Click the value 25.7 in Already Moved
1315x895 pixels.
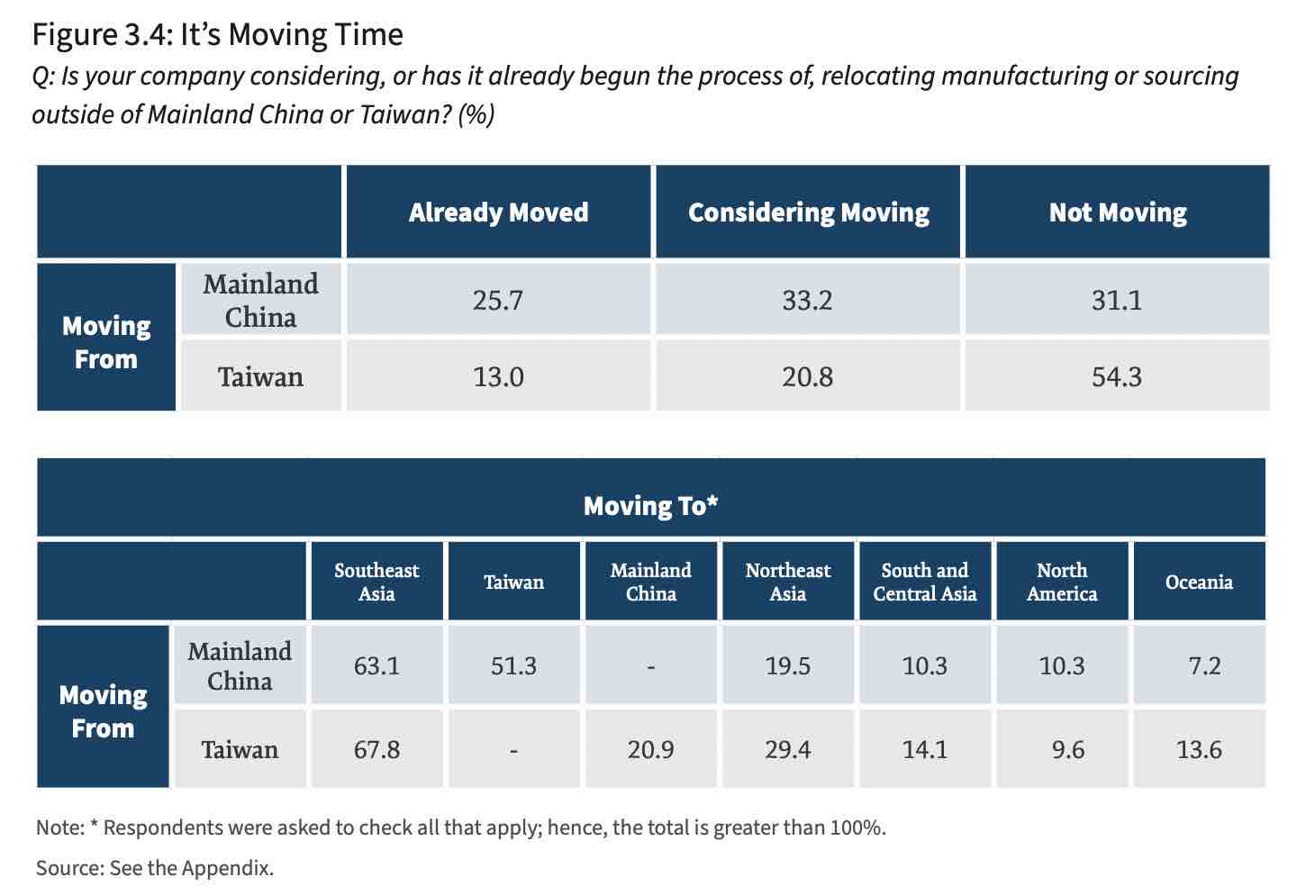[498, 301]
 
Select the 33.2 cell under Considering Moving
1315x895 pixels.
[807, 301]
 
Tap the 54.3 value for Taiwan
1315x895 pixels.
[1117, 376]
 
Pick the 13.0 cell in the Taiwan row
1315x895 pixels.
[498, 376]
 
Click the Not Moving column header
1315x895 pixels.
[1118, 212]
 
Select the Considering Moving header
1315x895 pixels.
[809, 212]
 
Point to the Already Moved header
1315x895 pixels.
[498, 212]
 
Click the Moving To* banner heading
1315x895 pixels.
[650, 505]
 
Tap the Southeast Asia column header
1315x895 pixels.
[376, 582]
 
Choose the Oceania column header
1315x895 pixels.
[1199, 582]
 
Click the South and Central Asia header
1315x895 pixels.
[925, 582]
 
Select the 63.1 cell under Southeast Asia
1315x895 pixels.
[376, 666]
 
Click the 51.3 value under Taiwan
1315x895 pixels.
[513, 666]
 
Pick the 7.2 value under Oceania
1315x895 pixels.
[1204, 666]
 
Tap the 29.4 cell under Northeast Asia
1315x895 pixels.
[788, 749]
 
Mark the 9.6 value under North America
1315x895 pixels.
[1068, 749]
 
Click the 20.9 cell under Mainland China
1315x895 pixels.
[650, 749]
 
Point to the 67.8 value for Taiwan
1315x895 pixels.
[376, 749]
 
